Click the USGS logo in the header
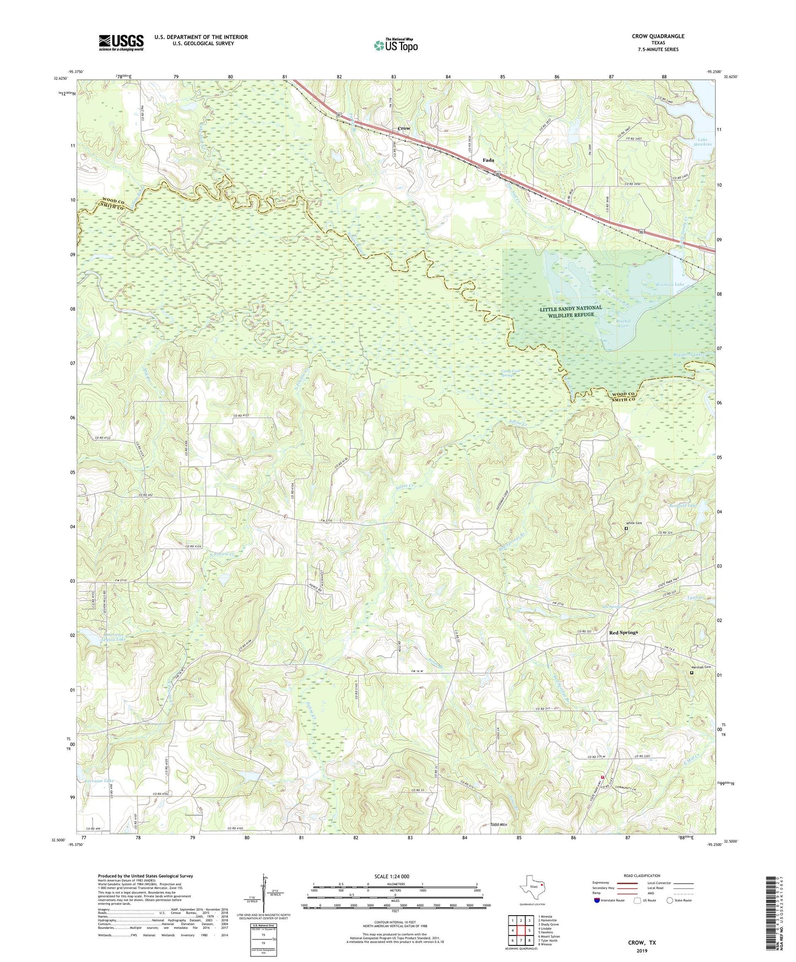click(x=121, y=42)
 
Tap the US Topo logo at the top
click(x=395, y=45)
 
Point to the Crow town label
click(x=404, y=128)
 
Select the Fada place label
click(x=488, y=160)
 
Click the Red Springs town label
click(x=623, y=633)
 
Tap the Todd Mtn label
click(x=498, y=825)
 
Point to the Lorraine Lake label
click(x=100, y=781)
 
